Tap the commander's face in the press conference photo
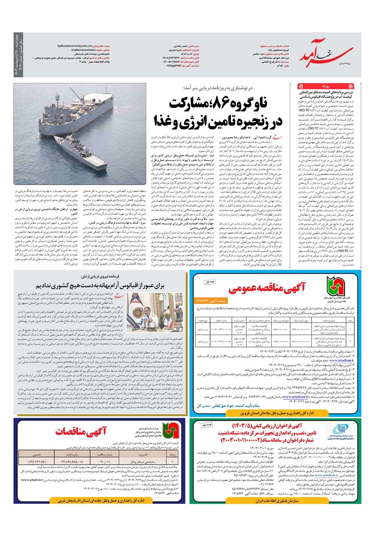pos(142,301)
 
